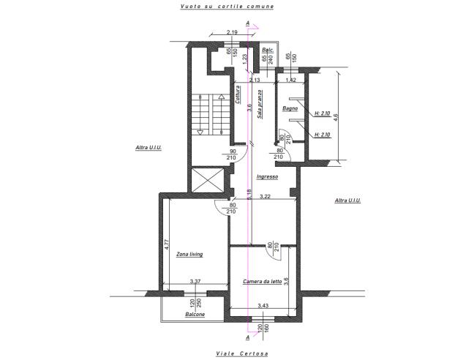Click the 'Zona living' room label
[189, 255]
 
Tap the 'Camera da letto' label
[263, 282]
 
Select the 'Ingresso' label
[267, 176]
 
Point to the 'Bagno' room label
[290, 109]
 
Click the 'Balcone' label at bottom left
[195, 314]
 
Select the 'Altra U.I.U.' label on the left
[148, 148]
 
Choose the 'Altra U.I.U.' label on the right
[347, 200]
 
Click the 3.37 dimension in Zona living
[195, 281]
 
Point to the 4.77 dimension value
[168, 241]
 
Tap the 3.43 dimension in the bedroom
[264, 306]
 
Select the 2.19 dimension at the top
[233, 32]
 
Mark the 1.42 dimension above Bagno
[290, 79]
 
